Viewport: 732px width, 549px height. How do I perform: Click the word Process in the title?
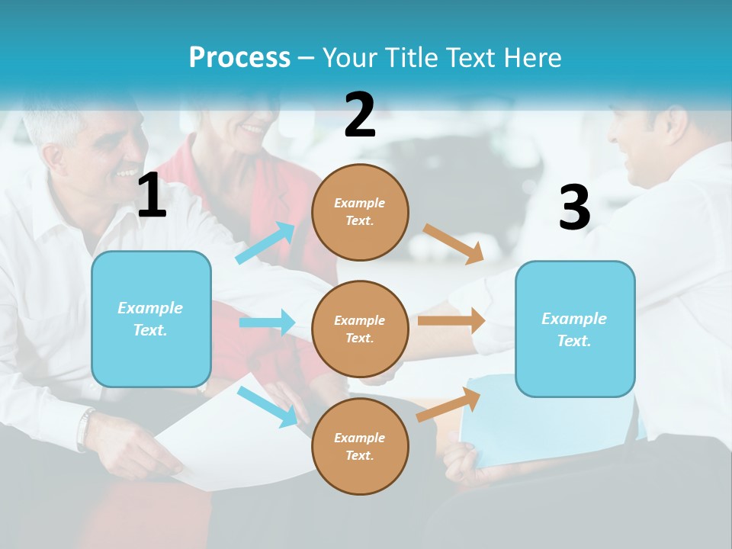pyautogui.click(x=239, y=57)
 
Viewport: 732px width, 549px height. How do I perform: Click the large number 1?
pyautogui.click(x=152, y=197)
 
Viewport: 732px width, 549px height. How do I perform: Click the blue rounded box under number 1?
pyautogui.click(x=151, y=319)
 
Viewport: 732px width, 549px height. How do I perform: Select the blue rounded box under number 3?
pyautogui.click(x=575, y=329)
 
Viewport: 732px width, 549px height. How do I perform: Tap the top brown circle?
pyautogui.click(x=360, y=212)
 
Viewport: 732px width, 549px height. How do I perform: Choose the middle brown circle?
pyautogui.click(x=360, y=329)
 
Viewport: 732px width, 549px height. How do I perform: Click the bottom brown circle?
pyautogui.click(x=360, y=446)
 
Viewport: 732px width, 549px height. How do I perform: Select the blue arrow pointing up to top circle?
pyautogui.click(x=265, y=242)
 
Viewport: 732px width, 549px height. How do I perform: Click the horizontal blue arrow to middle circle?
pyautogui.click(x=268, y=323)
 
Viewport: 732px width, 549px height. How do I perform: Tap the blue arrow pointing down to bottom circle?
pyautogui.click(x=268, y=406)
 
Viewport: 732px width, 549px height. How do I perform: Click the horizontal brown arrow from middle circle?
pyautogui.click(x=451, y=321)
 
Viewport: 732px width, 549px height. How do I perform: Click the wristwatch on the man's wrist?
pyautogui.click(x=85, y=428)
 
